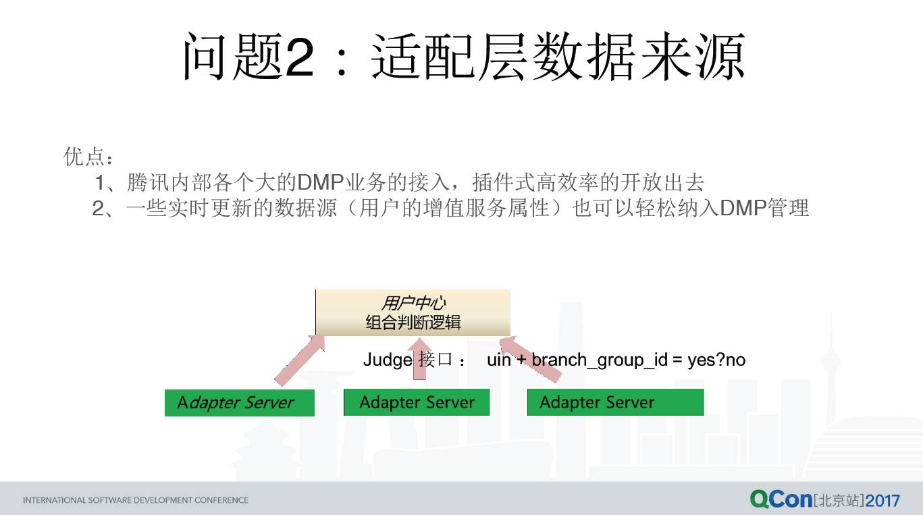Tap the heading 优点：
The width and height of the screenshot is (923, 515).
pos(88,157)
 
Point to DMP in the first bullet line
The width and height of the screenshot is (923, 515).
pos(320,182)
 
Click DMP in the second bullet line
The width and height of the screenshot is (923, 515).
pos(743,208)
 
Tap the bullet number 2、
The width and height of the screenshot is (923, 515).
pos(103,209)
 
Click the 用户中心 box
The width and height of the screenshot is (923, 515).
pos(413,313)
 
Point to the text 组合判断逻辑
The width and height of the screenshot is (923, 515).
pos(413,322)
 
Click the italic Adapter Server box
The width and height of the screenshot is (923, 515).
pos(240,402)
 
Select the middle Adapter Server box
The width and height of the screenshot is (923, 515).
pos(417,402)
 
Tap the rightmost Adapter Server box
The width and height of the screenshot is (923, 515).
pos(616,402)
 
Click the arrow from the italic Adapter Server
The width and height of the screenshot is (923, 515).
pos(300,360)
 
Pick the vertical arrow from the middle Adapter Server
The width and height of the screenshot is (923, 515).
pos(419,359)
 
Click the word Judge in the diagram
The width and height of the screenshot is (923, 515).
pos(388,360)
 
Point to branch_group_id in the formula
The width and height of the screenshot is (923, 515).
pos(600,360)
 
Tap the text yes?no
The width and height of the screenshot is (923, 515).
pos(716,360)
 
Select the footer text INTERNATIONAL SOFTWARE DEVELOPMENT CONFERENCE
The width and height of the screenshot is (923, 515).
pos(136,500)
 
